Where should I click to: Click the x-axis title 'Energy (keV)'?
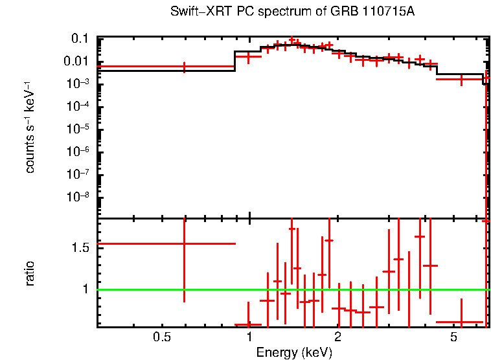(294, 352)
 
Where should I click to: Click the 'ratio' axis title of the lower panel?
(30, 273)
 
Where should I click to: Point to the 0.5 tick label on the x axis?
(162, 337)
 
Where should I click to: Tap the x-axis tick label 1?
(249, 337)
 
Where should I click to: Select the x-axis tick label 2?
(337, 337)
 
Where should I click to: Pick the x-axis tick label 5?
(453, 337)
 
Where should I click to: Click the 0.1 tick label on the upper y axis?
(79, 39)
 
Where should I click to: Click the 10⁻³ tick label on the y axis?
(76, 84)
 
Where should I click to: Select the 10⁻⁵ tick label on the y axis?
(76, 129)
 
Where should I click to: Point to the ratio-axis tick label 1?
(86, 289)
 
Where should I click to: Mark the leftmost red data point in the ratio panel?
(185, 243)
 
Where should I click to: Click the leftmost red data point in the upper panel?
(185, 66)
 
